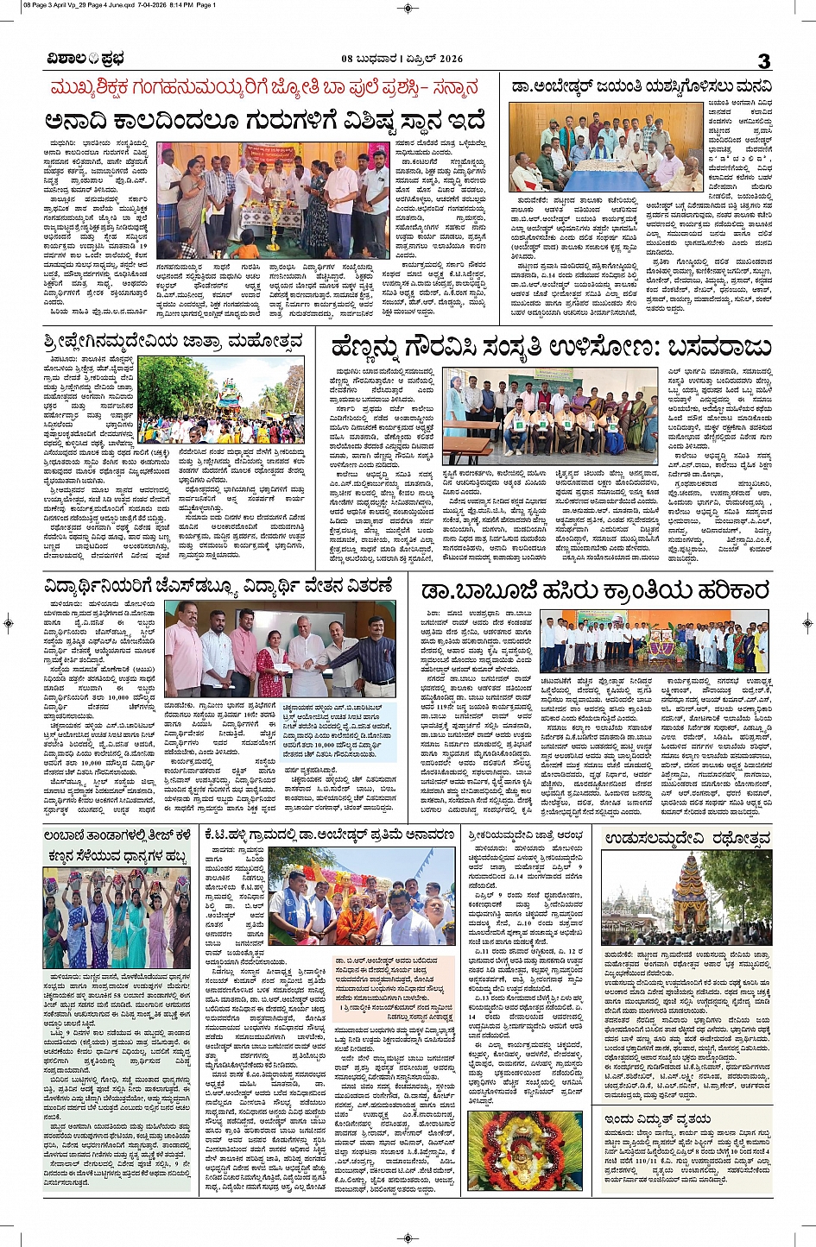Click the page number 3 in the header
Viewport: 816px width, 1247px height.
click(x=763, y=60)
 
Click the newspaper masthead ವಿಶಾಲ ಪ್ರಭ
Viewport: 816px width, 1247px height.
click(x=86, y=59)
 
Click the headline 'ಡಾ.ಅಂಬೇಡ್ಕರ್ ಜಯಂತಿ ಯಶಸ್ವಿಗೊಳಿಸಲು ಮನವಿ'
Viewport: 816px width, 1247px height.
click(x=641, y=87)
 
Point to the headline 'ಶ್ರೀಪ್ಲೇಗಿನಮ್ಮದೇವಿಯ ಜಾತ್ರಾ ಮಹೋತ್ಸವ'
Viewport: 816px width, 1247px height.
click(x=173, y=342)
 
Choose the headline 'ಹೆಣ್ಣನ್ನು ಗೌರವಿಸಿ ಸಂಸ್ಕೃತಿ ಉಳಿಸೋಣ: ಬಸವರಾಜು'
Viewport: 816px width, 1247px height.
click(x=550, y=347)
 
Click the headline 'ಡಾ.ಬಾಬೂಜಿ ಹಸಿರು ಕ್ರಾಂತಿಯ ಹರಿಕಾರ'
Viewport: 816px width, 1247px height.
click(x=594, y=590)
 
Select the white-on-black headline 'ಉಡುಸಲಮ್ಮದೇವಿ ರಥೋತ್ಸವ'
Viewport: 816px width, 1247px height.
click(x=687, y=838)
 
